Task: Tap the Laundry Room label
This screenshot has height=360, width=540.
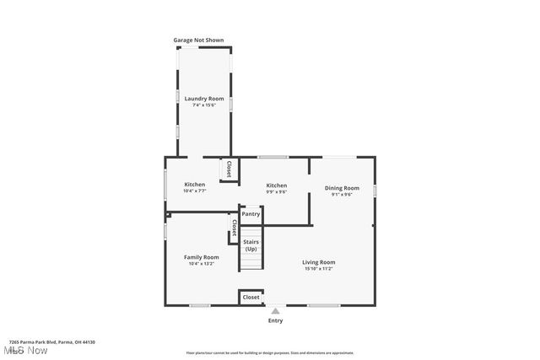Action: point(203,99)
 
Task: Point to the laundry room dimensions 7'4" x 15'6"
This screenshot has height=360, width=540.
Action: point(203,105)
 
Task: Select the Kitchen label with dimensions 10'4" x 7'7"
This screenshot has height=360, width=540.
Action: point(195,185)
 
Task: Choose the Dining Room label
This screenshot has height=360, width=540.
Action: point(342,188)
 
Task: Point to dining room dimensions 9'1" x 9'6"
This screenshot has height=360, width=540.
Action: point(342,195)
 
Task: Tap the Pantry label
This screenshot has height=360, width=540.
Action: point(251,214)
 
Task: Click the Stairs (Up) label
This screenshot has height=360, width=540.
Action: point(251,245)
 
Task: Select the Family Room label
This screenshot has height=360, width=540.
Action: point(202,257)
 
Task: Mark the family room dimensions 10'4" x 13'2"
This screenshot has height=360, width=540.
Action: point(202,264)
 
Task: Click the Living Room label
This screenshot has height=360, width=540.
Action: point(319,262)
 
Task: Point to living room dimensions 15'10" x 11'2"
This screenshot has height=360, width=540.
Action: point(319,269)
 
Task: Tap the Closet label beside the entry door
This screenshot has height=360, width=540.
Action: point(251,297)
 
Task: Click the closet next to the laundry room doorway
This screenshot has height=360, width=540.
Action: point(228,169)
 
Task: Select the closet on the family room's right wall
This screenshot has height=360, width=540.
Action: point(234,228)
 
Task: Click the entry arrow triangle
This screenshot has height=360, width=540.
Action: point(275,311)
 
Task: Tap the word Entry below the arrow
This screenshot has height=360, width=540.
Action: point(275,320)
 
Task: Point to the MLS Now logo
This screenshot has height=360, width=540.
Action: point(24,350)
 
